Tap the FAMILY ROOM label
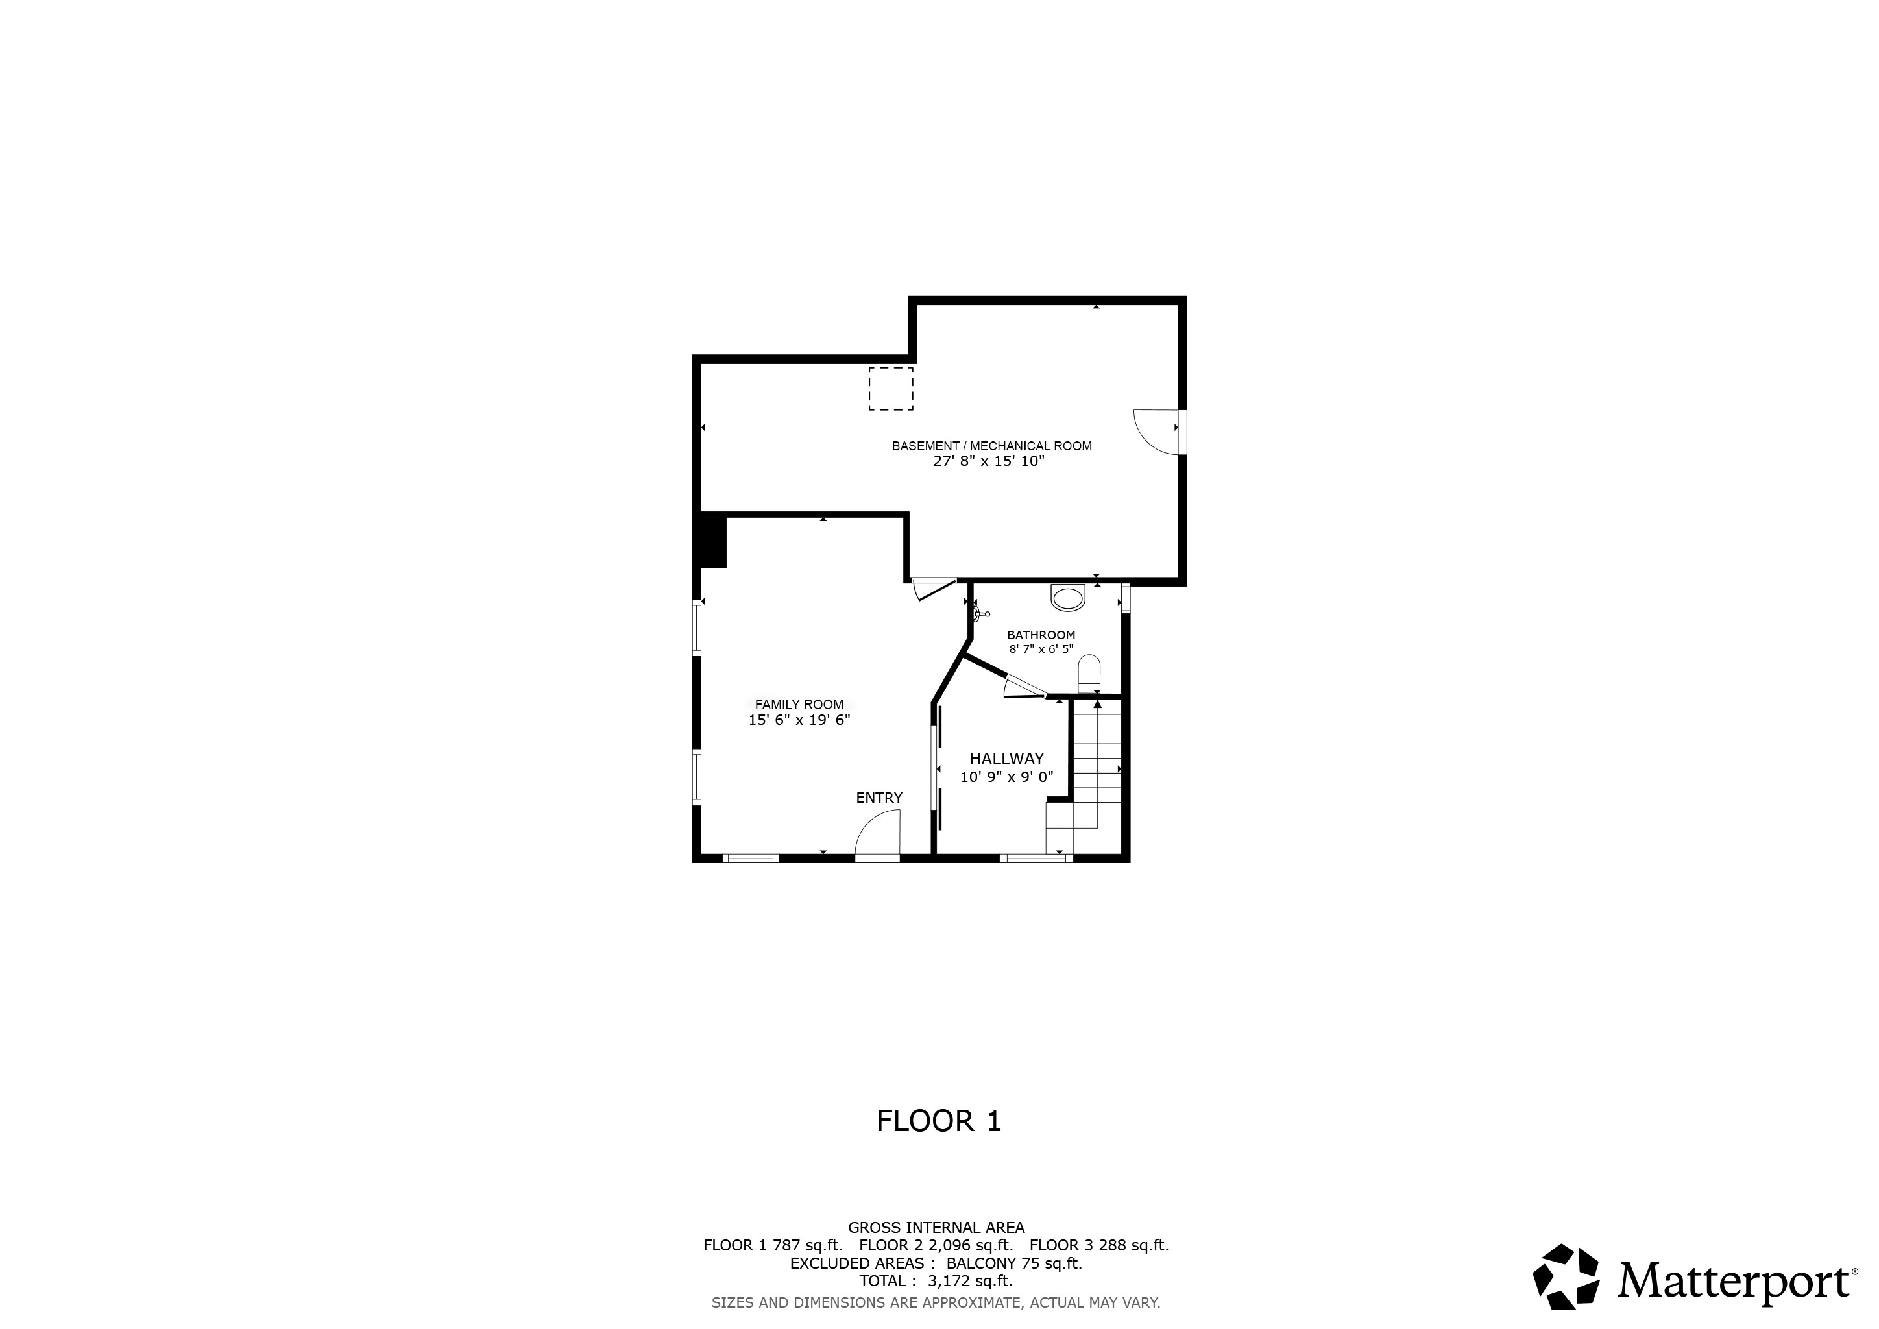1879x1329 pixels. point(799,705)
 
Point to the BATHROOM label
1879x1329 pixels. point(1041,635)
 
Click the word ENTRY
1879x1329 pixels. point(879,798)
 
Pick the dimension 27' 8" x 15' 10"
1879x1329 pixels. point(989,461)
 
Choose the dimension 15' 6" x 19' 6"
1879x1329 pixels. point(799,720)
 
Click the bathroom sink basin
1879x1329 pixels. point(1067,599)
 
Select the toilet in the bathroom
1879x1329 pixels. point(1089,676)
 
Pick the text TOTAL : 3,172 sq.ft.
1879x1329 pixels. point(936,1281)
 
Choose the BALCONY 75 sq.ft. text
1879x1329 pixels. point(1014,1263)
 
